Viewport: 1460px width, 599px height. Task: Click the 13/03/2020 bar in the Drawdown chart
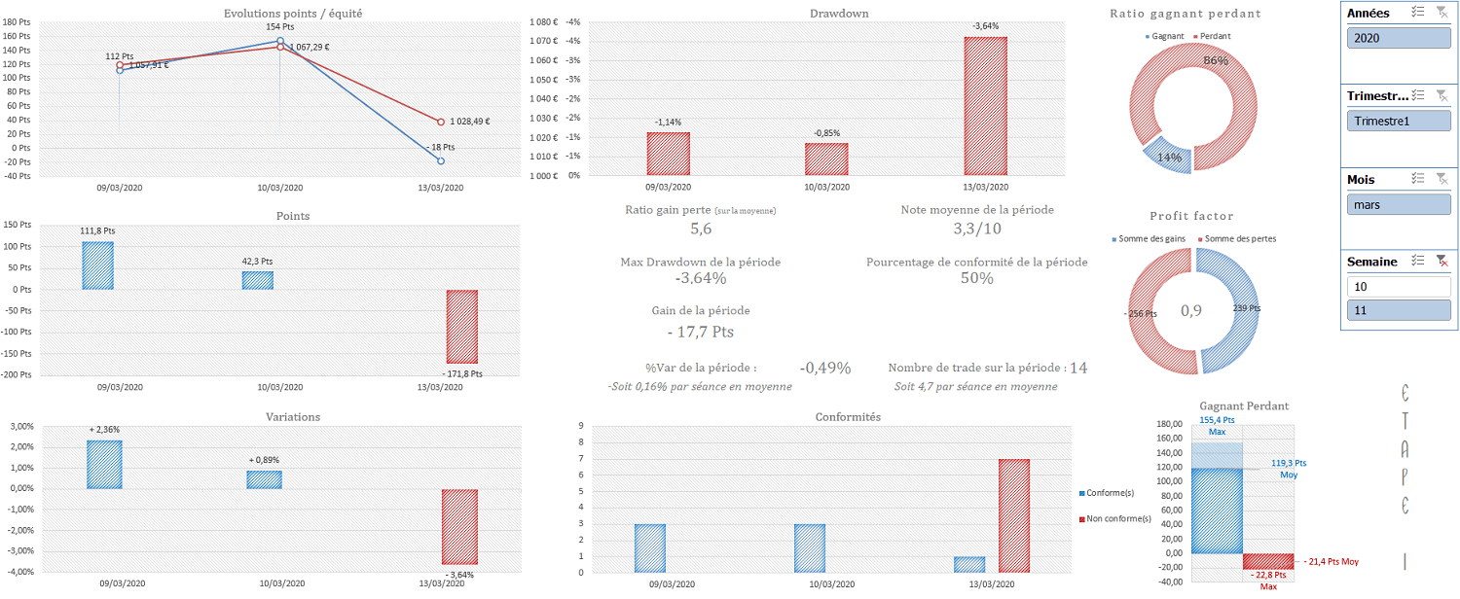coord(985,106)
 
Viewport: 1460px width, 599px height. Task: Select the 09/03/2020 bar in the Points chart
coord(97,265)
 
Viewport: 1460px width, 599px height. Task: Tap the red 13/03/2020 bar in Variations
coord(459,526)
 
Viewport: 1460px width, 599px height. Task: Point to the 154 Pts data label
coord(279,27)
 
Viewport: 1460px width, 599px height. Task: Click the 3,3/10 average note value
coord(977,229)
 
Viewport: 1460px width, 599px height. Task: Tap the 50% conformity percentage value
coord(977,278)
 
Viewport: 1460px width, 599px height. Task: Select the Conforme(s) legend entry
coord(1113,492)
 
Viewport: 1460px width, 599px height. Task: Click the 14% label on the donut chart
coord(1169,158)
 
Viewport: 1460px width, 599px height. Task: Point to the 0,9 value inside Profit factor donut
coord(1191,311)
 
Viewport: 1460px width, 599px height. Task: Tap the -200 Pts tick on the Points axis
coord(18,375)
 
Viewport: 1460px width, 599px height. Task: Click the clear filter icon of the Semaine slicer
coord(1442,261)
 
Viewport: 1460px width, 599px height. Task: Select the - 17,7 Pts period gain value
coord(701,332)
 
